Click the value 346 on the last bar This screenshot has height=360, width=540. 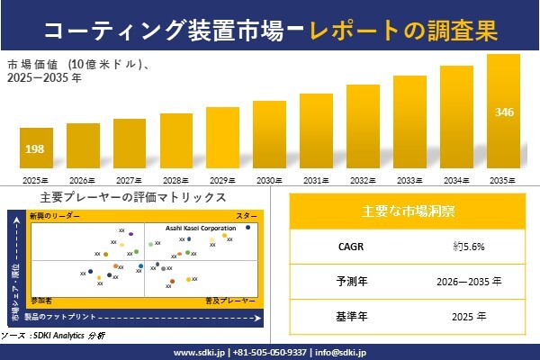(504, 112)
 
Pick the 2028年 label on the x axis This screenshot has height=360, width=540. (176, 181)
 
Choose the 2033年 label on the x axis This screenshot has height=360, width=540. (409, 181)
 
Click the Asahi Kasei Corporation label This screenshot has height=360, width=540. (200, 229)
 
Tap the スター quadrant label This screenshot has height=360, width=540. (246, 217)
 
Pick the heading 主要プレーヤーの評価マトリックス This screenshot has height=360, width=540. (133, 197)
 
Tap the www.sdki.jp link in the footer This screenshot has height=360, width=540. (198, 352)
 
